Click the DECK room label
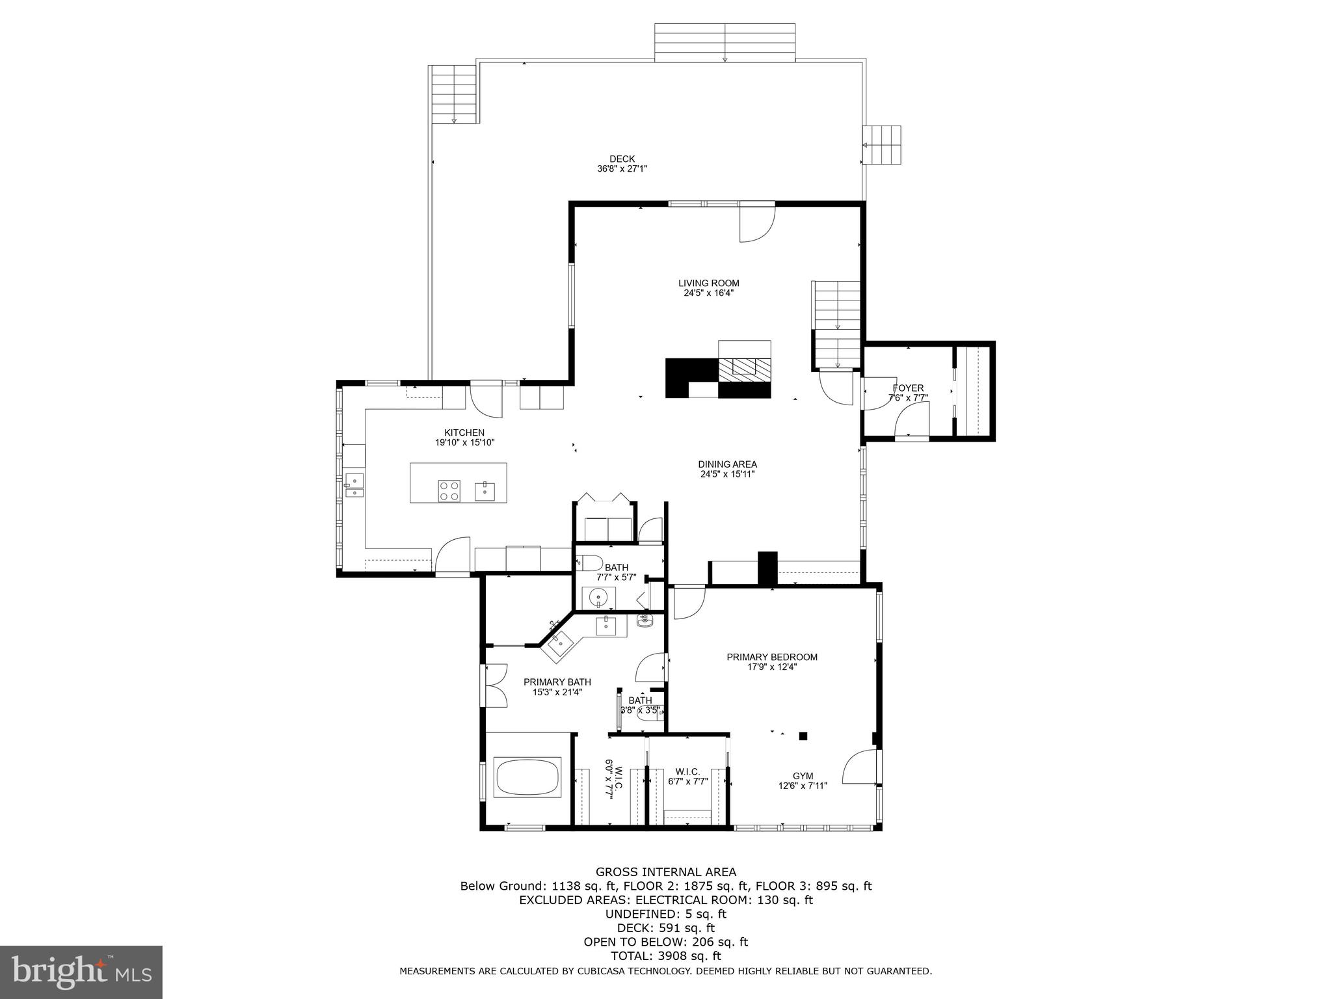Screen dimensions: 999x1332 click(x=622, y=159)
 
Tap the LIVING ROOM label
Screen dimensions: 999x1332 click(x=708, y=283)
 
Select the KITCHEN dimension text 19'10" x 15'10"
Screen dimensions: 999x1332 click(x=464, y=442)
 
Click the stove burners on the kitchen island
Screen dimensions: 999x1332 click(x=449, y=490)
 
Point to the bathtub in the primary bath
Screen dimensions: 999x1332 click(x=527, y=777)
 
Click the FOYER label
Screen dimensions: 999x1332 click(x=908, y=388)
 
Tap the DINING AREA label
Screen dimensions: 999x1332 click(x=727, y=464)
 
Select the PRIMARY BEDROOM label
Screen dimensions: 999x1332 click(x=771, y=657)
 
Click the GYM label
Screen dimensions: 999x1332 click(x=803, y=776)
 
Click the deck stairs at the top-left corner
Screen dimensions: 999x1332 click(x=453, y=95)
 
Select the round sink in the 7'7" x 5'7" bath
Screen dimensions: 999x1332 click(x=597, y=596)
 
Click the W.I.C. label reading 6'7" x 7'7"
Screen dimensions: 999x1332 click(x=687, y=771)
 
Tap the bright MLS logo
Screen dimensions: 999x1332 click(x=81, y=973)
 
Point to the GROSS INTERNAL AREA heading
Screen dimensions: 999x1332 click(x=665, y=872)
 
